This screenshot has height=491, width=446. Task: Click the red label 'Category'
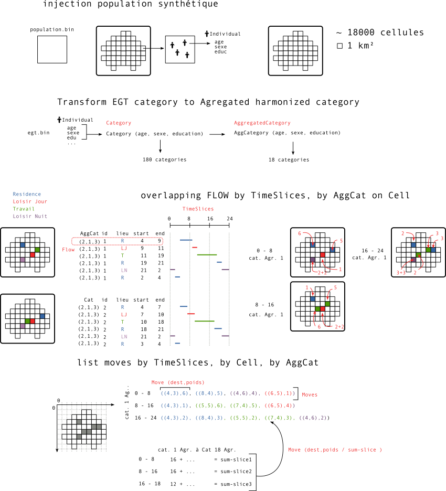coord(119,123)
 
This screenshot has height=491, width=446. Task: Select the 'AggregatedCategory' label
coord(262,123)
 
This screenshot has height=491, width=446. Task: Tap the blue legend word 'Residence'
coord(27,194)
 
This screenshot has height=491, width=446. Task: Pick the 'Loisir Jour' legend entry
coord(30,201)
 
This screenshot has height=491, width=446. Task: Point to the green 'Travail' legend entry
coord(24,209)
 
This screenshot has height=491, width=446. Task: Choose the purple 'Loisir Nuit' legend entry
coord(30,216)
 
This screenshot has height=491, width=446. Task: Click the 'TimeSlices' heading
coord(198,209)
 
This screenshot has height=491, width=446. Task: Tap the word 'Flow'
coord(68,250)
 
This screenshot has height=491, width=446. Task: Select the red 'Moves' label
coord(310,394)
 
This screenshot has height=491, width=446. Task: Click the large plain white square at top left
coord(52,49)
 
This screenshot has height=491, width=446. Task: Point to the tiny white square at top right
coord(339,46)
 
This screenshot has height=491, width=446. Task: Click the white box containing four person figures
coord(180,49)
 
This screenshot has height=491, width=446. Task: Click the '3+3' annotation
coord(401,273)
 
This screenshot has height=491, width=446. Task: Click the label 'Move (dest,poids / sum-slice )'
coord(335,450)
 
